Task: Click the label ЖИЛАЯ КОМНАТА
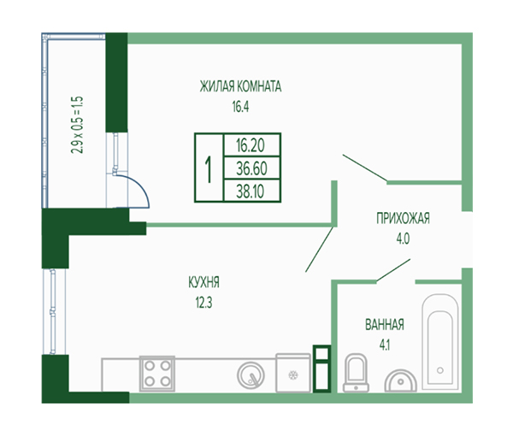(x=240, y=86)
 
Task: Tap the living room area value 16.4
(x=240, y=107)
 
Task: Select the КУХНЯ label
(x=203, y=282)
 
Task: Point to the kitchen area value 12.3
(x=203, y=303)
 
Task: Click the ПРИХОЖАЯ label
(x=403, y=219)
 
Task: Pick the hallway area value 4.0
(x=403, y=239)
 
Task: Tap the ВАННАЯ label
(x=385, y=325)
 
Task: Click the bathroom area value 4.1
(x=385, y=345)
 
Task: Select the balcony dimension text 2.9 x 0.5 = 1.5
(x=77, y=125)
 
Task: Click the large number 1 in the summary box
(x=209, y=168)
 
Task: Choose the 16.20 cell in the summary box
(x=251, y=145)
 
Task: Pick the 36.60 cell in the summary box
(x=251, y=168)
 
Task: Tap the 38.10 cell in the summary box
(x=251, y=191)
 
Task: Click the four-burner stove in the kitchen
(x=157, y=374)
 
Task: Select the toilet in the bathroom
(x=356, y=373)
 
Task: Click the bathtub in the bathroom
(x=440, y=342)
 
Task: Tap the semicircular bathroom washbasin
(x=400, y=380)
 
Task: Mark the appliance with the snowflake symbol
(x=293, y=373)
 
